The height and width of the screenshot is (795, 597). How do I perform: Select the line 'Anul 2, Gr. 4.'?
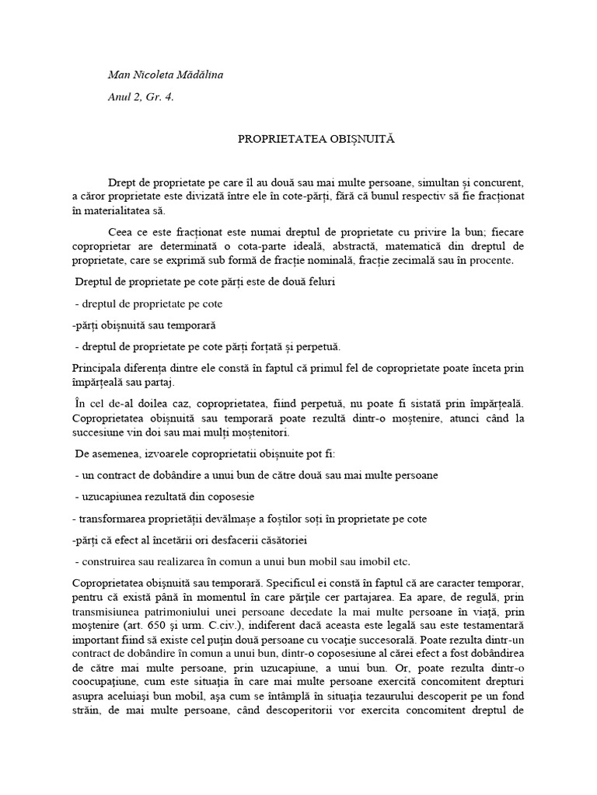click(x=140, y=98)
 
